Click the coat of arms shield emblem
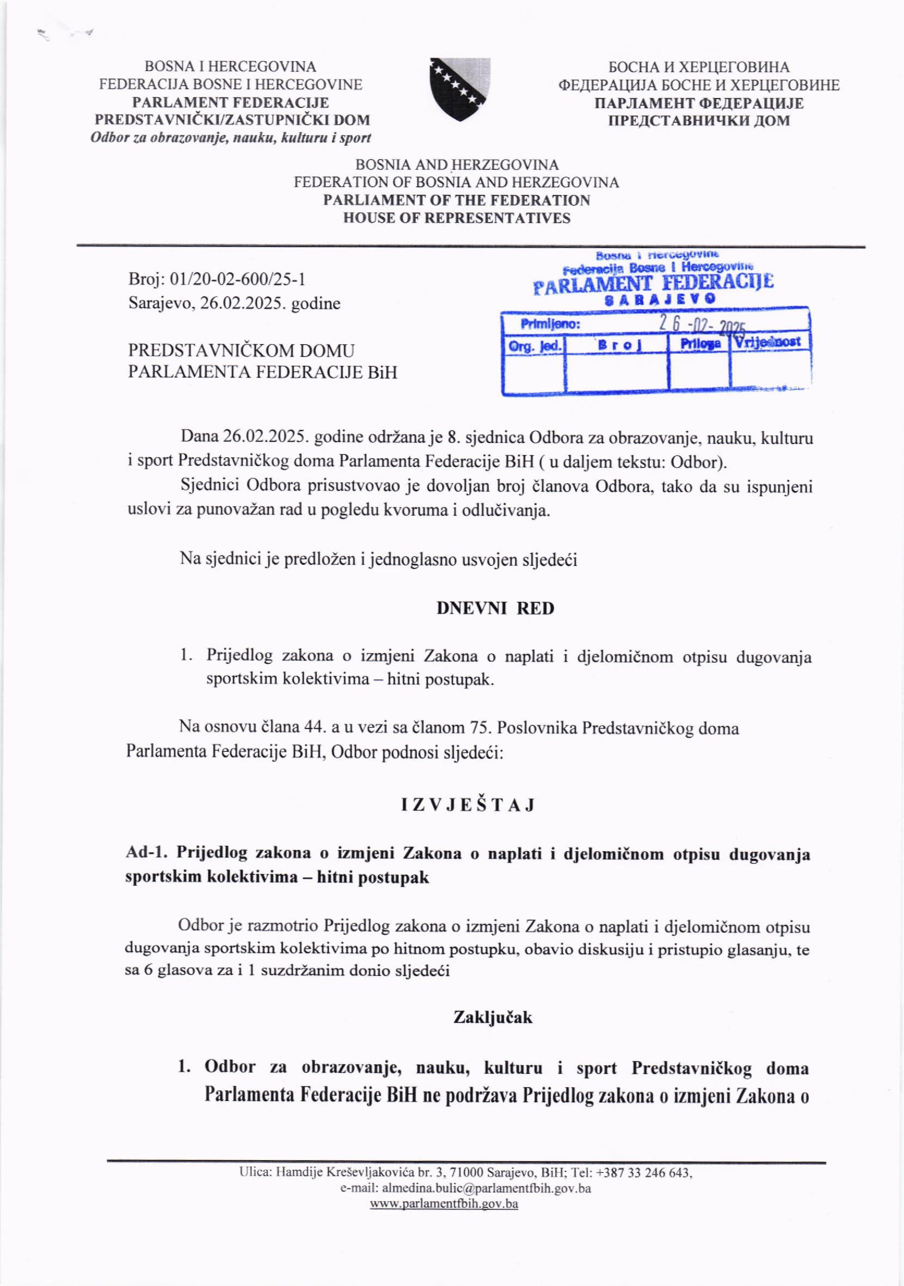(x=459, y=90)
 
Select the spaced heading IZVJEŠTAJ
(x=468, y=805)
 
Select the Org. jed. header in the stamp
(x=534, y=346)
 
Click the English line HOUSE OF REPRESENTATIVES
(x=456, y=218)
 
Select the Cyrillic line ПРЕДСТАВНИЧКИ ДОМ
(x=699, y=120)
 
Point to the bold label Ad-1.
(x=147, y=853)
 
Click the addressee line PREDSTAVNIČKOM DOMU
(x=241, y=351)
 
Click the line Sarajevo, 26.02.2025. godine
(x=234, y=304)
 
